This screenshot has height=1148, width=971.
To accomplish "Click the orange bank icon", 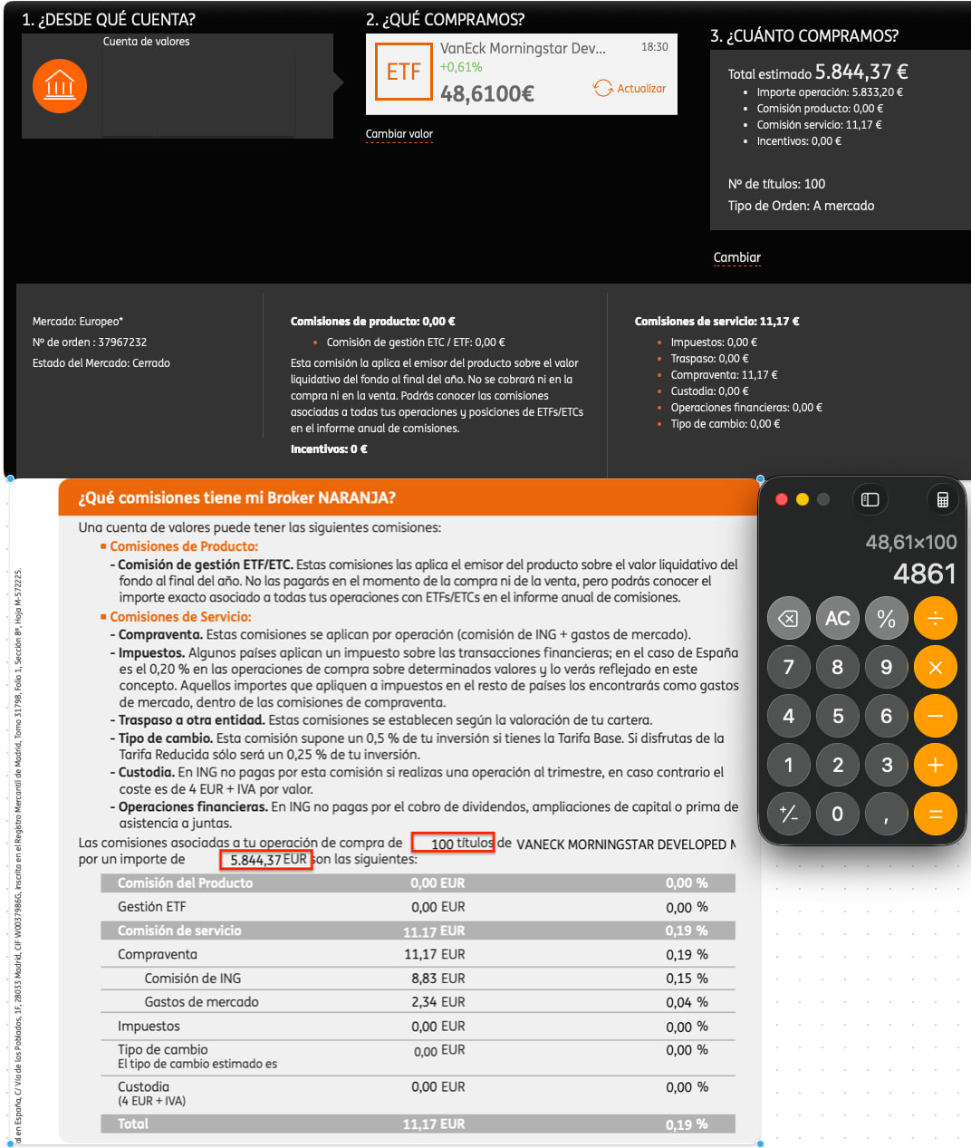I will click(x=60, y=87).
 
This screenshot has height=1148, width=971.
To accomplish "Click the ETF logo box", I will click(x=403, y=72).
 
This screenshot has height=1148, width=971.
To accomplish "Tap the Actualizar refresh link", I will click(x=630, y=88).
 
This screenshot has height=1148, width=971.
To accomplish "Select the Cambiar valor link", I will click(x=399, y=134).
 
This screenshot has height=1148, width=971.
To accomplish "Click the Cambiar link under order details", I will click(x=737, y=257).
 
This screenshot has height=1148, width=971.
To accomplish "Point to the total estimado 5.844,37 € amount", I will click(x=860, y=72).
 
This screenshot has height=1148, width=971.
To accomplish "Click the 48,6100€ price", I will click(x=486, y=93).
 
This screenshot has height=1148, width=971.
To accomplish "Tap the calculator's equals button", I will click(x=935, y=814).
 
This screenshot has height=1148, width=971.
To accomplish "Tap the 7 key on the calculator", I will click(x=788, y=668).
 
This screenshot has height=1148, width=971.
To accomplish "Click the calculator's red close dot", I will click(x=782, y=499).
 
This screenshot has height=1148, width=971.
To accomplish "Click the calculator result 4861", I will click(x=924, y=574).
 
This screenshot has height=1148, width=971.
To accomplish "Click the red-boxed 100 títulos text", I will click(x=453, y=844).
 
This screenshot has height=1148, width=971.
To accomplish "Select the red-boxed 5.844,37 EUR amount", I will click(x=267, y=860).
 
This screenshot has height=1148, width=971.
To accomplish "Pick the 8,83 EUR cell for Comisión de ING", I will click(x=437, y=979).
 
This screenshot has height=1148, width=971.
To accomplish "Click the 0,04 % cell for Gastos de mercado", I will click(x=687, y=1002).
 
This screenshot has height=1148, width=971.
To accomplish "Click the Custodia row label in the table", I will click(x=143, y=1086).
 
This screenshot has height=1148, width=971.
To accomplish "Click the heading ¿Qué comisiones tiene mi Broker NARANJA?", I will click(x=236, y=497).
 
